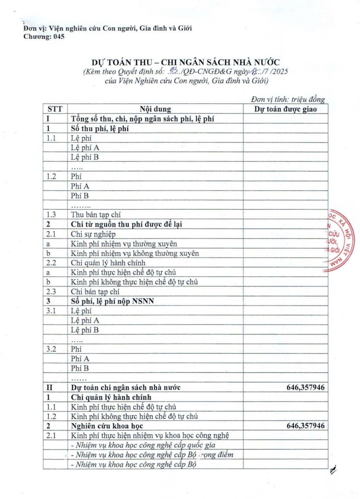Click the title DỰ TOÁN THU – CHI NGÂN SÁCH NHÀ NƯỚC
185,62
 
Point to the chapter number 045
58,37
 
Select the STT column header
55,109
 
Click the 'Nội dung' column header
155,109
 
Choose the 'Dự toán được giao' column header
285,109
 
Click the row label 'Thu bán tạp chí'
96,214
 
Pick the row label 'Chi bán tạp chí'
95,291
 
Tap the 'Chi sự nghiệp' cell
93,234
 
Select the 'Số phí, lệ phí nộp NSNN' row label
112,301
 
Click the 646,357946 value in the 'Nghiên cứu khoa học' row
305,426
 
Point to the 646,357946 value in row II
305,387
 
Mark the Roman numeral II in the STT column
50,387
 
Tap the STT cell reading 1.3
51,214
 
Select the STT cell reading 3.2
51,349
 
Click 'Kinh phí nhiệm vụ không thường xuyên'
135,253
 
